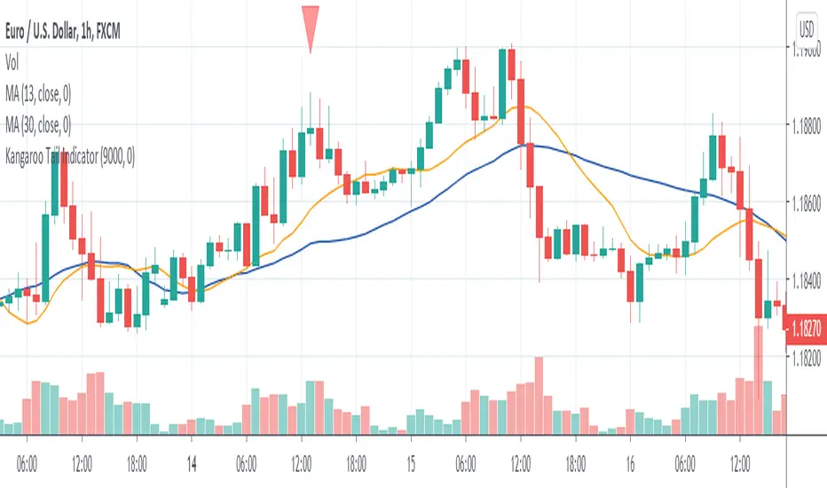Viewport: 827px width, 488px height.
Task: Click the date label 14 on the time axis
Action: [x=192, y=462]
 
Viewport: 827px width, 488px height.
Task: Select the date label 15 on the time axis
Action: [x=411, y=462]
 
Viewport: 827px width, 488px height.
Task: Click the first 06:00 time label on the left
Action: [x=28, y=462]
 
